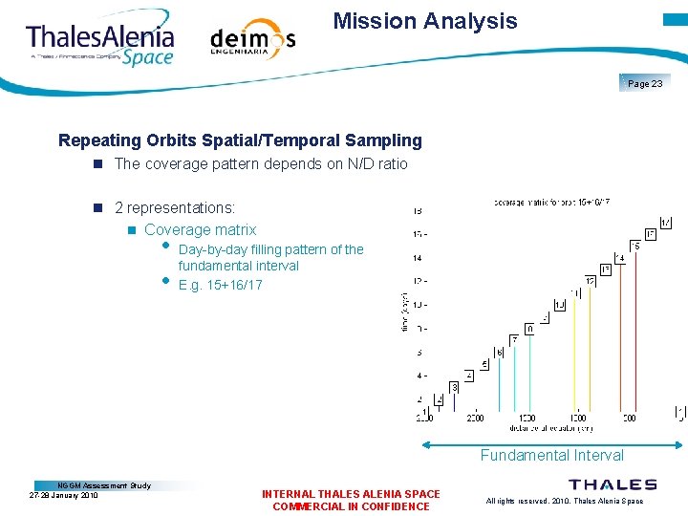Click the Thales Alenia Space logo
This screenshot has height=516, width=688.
(x=100, y=43)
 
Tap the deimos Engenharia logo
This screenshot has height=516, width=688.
(x=252, y=41)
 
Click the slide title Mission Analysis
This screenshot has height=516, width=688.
(x=425, y=21)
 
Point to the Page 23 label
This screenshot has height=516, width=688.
(x=645, y=84)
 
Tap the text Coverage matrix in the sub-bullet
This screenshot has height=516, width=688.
(x=201, y=229)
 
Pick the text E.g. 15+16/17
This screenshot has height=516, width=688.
(x=220, y=285)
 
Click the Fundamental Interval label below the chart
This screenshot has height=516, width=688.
(x=551, y=456)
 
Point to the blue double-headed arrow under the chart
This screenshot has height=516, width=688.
(x=552, y=443)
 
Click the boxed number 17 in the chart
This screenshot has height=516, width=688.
(x=665, y=223)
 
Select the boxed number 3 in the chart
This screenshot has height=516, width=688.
(x=454, y=387)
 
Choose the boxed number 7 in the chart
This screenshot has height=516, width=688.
(x=514, y=340)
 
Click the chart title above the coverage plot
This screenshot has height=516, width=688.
(x=552, y=202)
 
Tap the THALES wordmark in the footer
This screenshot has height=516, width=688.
(x=613, y=484)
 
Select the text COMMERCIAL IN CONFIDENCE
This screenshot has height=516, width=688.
(x=351, y=506)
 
